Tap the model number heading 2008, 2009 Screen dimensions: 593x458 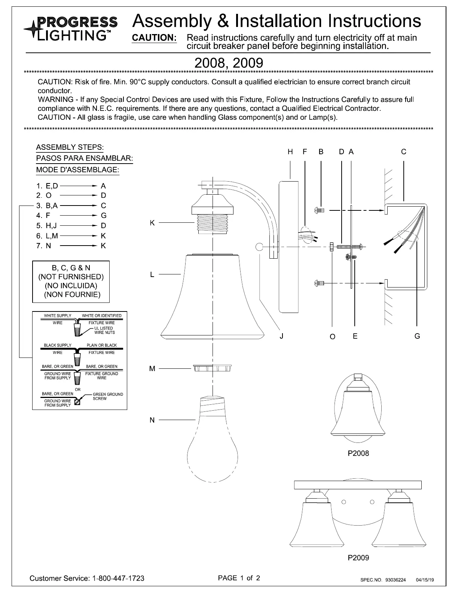(x=229, y=63)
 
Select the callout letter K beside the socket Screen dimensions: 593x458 (x=152, y=223)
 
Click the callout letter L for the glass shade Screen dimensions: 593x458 (x=152, y=275)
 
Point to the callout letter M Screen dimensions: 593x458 (x=152, y=369)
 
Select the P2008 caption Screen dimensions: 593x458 (x=358, y=453)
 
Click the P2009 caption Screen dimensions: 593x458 (x=358, y=558)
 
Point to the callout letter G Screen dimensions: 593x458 (x=417, y=336)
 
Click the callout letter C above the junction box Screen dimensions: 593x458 (x=403, y=152)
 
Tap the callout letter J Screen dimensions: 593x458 (x=281, y=336)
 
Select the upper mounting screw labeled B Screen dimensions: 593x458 (x=320, y=210)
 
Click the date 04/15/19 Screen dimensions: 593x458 (x=425, y=580)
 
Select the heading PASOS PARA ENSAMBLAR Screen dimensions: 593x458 (x=84, y=158)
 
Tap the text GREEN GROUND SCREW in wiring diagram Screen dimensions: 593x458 (x=107, y=396)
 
